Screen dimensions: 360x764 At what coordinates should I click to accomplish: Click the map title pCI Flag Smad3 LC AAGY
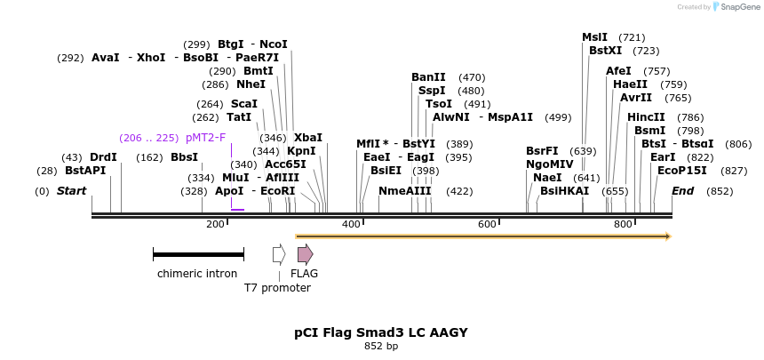click(x=380, y=332)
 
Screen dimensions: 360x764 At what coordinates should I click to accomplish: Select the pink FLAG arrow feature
click(x=305, y=254)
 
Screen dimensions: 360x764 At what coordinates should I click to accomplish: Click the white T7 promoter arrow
click(x=279, y=254)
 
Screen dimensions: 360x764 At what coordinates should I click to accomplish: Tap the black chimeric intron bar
click(x=198, y=254)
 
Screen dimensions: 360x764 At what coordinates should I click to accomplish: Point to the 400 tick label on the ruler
click(x=351, y=224)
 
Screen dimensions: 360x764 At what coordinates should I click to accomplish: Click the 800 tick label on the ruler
click(x=623, y=224)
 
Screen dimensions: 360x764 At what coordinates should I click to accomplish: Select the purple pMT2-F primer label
click(x=205, y=138)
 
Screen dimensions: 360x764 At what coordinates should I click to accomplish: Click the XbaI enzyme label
click(x=308, y=138)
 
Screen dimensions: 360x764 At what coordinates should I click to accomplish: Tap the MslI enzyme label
click(x=594, y=37)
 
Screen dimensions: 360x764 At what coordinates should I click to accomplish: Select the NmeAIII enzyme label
click(x=404, y=191)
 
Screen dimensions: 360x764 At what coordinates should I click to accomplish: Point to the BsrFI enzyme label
click(x=542, y=151)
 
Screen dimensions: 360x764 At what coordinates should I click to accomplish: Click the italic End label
click(x=682, y=191)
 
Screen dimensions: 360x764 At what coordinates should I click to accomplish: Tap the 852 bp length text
click(x=380, y=347)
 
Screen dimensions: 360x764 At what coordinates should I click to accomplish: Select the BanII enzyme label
click(x=428, y=77)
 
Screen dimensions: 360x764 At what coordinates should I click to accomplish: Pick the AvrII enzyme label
click(x=635, y=98)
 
